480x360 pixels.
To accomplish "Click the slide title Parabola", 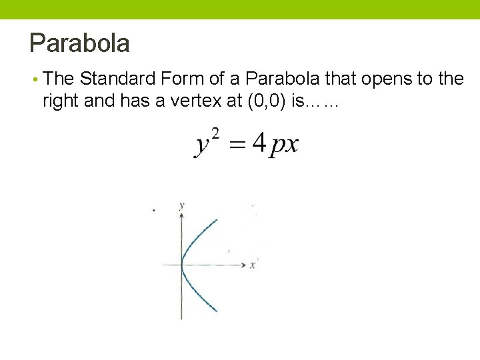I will point(79,43).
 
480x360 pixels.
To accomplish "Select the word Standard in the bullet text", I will point(117,79).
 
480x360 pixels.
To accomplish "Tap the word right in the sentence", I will point(59,101).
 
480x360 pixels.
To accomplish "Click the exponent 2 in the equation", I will point(215,131).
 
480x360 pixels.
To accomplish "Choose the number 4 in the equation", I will point(259,142).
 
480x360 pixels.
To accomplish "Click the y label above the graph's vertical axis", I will point(181,205).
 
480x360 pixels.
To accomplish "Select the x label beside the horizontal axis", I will point(253,265).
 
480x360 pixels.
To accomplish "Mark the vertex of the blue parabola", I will point(181,265).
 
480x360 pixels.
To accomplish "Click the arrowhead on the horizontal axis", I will point(243,265).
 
